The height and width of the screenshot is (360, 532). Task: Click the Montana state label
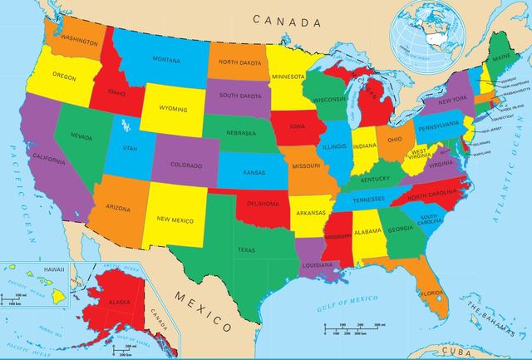pos(166,59)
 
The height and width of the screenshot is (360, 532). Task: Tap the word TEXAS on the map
pos(246,249)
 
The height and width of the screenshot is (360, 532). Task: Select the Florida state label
pos(430,293)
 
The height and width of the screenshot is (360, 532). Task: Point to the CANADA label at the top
pos(287,18)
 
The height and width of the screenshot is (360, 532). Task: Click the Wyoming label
pos(173,108)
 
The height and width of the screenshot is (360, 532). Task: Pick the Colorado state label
pos(185,165)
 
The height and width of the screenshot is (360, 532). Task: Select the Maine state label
pos(500,57)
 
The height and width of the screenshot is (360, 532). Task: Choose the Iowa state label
pos(298,127)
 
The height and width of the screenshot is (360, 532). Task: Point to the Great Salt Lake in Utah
pos(125,126)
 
